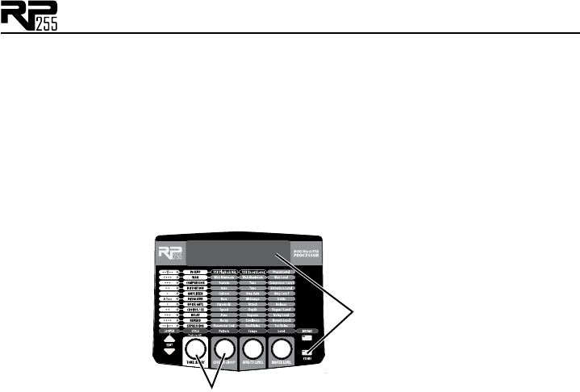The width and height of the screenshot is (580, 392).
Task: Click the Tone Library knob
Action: [x=195, y=349]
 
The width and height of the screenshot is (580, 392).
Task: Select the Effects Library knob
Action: [x=224, y=349]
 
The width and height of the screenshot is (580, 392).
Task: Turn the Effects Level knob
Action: [x=252, y=349]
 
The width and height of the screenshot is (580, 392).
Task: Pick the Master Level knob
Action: [x=281, y=349]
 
